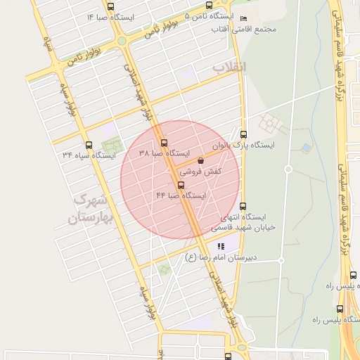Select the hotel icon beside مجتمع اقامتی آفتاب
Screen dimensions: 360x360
243,18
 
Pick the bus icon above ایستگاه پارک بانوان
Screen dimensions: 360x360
243,134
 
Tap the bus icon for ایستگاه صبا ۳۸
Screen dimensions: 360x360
165,143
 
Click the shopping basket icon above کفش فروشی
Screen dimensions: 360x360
201,161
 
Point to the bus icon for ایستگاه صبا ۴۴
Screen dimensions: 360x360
181,186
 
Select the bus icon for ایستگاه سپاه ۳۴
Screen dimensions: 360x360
87,143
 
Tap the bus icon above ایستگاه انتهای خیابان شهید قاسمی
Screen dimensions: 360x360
243,206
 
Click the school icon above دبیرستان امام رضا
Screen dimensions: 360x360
221,246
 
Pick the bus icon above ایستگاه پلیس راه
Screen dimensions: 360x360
341,309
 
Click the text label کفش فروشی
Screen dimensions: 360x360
200,172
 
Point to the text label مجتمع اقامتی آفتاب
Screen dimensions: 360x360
245,29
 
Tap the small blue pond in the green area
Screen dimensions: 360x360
306,148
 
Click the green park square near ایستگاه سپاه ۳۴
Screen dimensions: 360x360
110,150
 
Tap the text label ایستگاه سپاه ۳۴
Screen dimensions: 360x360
89,155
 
